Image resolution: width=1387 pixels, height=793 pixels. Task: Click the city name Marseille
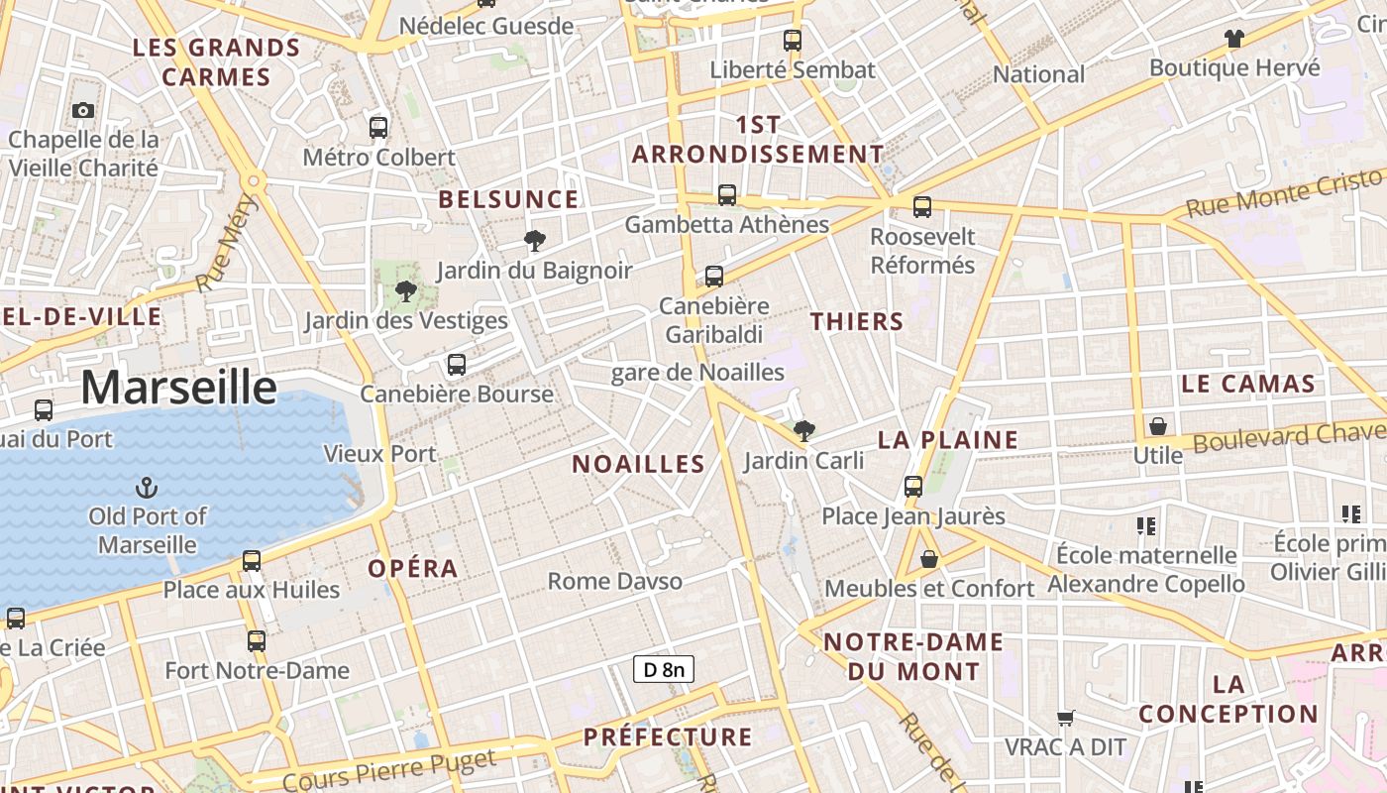pyautogui.click(x=178, y=387)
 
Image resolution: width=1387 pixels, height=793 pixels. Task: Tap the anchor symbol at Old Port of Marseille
pyautogui.click(x=147, y=487)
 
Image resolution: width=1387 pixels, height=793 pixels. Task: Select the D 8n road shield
pyautogui.click(x=664, y=670)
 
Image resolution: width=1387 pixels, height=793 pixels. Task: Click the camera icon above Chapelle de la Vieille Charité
pyautogui.click(x=83, y=110)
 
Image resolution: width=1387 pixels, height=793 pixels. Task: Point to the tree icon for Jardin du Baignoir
pyautogui.click(x=534, y=240)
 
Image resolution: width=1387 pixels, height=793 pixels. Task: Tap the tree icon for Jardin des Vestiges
pyautogui.click(x=405, y=290)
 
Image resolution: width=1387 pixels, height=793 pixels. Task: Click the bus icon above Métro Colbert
pyautogui.click(x=378, y=127)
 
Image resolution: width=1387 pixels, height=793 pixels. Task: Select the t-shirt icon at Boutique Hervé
pyautogui.click(x=1233, y=39)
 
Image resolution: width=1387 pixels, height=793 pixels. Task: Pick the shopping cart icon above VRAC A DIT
pyautogui.click(x=1066, y=717)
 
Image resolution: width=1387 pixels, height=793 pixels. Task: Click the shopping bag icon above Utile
pyautogui.click(x=1157, y=426)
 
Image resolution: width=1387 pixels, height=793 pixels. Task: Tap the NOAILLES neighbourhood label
pyautogui.click(x=639, y=464)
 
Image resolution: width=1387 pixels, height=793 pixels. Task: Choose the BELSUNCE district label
pyautogui.click(x=508, y=199)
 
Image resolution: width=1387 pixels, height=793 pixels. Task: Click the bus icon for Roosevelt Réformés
pyautogui.click(x=922, y=206)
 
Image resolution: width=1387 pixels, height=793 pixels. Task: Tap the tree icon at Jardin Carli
pyautogui.click(x=804, y=430)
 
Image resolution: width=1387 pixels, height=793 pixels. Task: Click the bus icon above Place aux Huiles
pyautogui.click(x=252, y=560)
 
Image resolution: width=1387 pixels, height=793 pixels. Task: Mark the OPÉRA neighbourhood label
pyautogui.click(x=413, y=569)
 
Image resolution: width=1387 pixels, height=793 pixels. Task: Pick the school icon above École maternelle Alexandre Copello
pyautogui.click(x=1146, y=525)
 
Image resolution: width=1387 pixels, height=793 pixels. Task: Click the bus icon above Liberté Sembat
pyautogui.click(x=793, y=40)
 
